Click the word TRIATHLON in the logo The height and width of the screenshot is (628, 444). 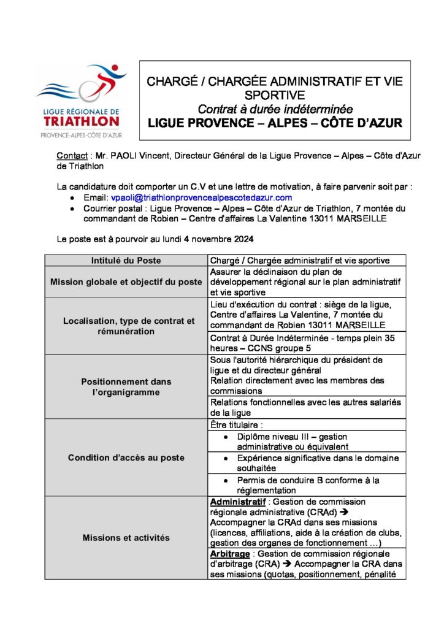pos(82,121)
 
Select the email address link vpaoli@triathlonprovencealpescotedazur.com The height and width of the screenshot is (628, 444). pos(201,198)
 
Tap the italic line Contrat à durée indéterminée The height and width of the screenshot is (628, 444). pos(275,110)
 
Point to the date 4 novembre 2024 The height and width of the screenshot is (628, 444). pos(213,238)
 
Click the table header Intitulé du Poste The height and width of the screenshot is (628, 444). pos(126,261)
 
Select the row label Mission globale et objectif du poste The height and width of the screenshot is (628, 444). pos(126,282)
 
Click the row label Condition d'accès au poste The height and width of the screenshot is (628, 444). pos(126,458)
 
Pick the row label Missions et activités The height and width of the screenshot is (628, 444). pos(126,538)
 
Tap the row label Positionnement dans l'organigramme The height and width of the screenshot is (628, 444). pos(126,386)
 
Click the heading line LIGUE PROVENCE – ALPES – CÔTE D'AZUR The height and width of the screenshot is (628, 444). pos(275,123)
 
